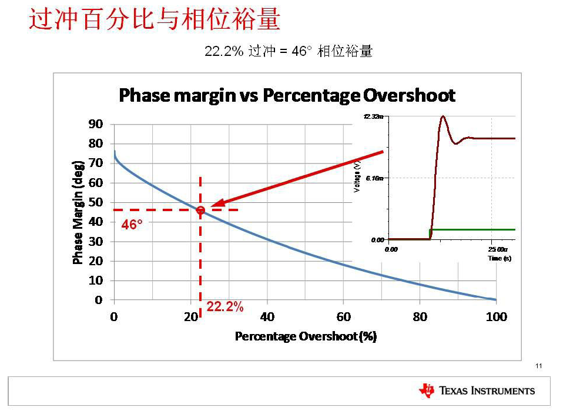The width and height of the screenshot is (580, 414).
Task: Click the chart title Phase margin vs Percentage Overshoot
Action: (287, 95)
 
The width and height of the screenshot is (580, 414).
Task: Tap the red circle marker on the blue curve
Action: (200, 210)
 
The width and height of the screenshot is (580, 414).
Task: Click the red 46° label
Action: (132, 225)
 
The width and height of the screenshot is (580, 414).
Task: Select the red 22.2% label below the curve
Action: (224, 307)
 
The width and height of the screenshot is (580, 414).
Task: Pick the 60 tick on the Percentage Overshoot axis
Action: (343, 318)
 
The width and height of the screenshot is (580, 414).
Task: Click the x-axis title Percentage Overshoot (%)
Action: (306, 336)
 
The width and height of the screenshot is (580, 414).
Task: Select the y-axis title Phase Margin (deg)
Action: (78, 212)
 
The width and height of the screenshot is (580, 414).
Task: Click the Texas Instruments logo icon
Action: (427, 390)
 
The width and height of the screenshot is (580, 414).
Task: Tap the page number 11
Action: (539, 366)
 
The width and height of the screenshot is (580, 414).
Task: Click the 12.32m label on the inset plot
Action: (373, 117)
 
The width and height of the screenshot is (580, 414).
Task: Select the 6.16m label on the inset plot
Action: (374, 178)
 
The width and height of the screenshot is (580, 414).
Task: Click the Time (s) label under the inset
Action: (499, 258)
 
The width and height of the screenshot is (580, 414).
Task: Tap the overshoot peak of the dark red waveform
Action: (443, 116)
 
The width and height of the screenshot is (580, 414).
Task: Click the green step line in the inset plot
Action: (476, 229)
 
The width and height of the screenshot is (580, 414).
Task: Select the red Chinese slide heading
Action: (154, 20)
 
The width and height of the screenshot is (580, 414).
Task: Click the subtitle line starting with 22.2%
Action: (288, 52)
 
